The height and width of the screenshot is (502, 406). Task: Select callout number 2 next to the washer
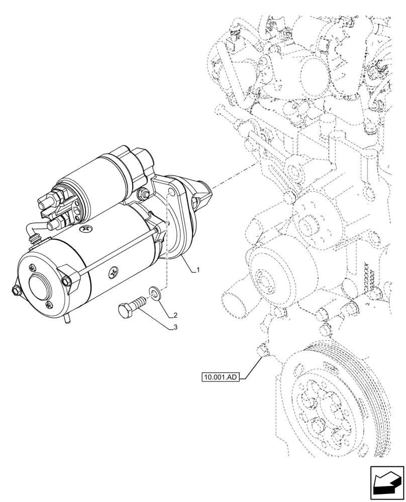tap(174, 315)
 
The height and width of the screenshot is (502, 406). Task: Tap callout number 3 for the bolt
tap(174, 328)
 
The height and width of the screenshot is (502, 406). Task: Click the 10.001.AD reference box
tap(220, 376)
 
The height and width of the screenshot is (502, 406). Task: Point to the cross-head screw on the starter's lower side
tap(114, 273)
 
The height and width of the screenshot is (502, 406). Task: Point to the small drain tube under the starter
tap(67, 320)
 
